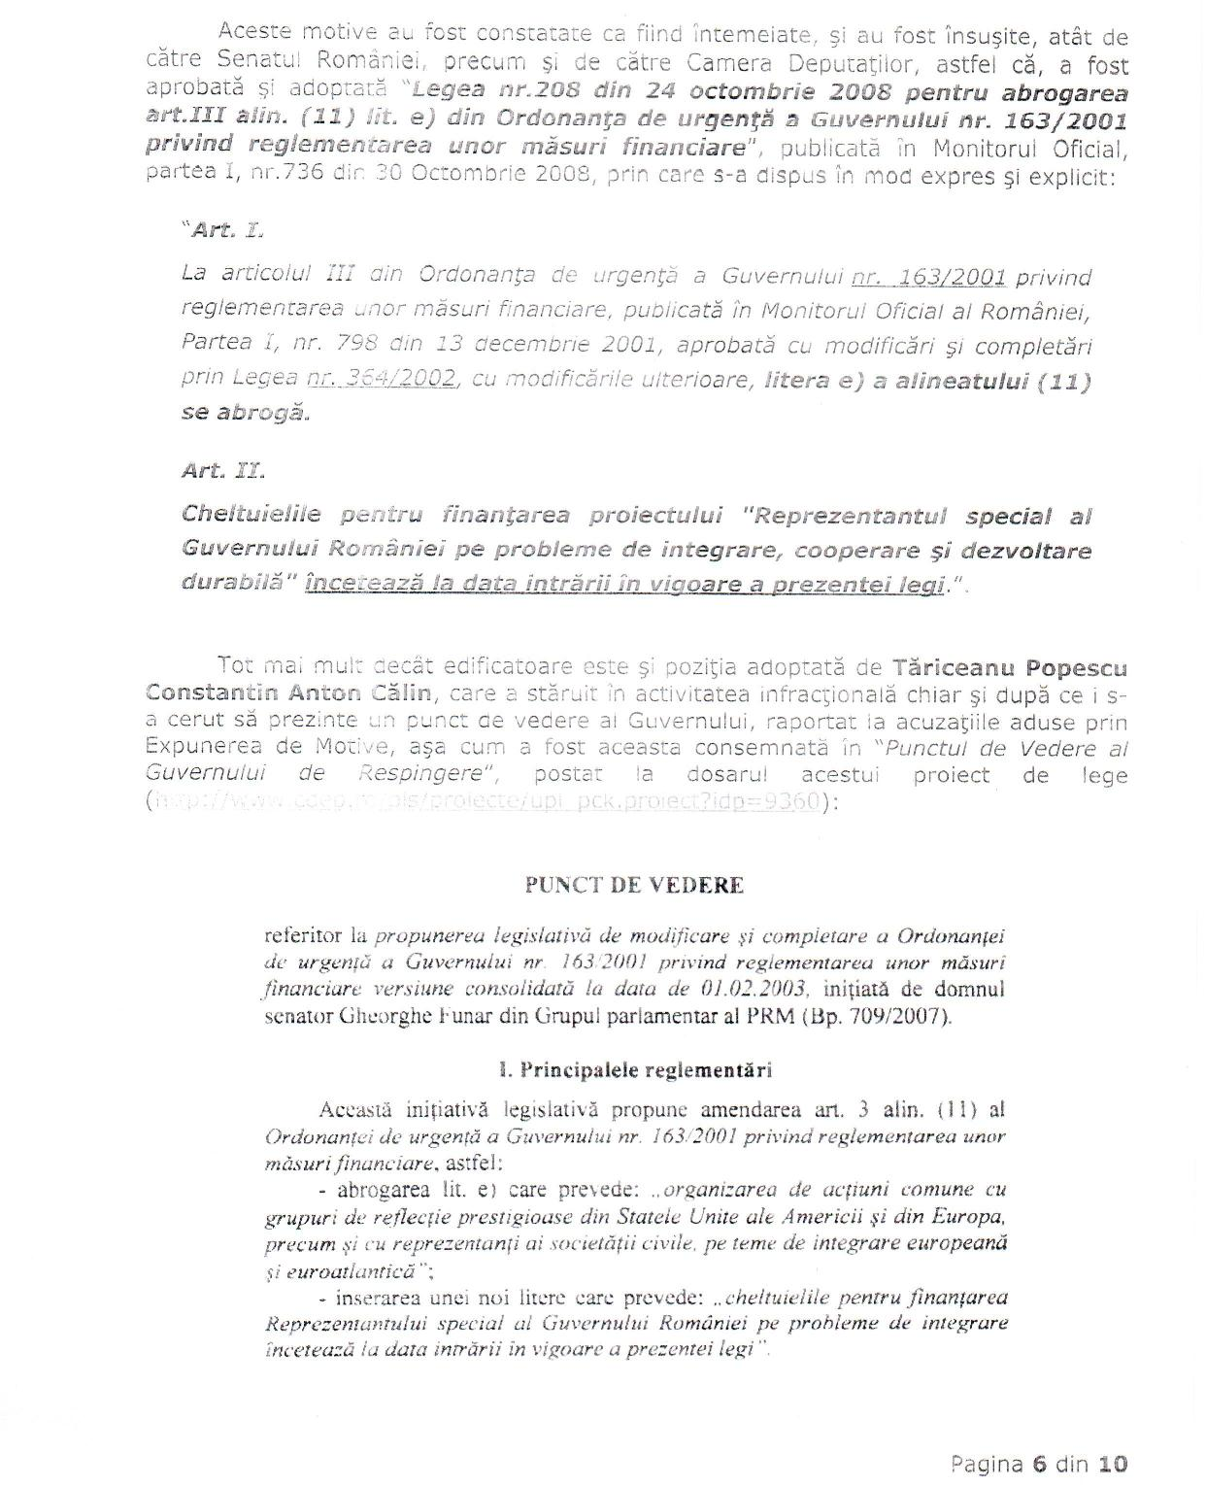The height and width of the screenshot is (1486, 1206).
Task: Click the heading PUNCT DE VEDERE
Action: (x=634, y=886)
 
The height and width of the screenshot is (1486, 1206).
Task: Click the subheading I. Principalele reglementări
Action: (x=634, y=1070)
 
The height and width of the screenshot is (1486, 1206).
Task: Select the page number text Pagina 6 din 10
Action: (x=1039, y=1464)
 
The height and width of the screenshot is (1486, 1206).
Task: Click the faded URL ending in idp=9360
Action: (x=486, y=802)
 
